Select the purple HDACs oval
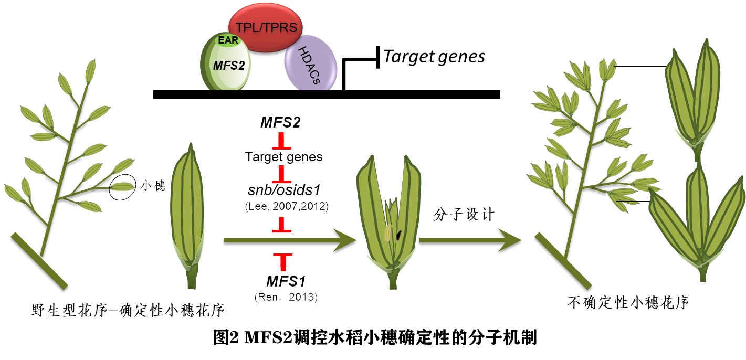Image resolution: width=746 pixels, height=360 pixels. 310,63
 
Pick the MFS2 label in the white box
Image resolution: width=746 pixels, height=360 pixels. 280,123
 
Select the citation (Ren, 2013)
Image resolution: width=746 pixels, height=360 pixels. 286,298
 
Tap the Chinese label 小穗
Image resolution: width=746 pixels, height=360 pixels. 153,186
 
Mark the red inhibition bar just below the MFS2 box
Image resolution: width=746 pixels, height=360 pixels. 281,143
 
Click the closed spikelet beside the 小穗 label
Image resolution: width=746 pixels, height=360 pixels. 187,210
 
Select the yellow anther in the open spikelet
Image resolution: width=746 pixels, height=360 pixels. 387,232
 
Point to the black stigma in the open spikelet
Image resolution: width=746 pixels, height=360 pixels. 399,235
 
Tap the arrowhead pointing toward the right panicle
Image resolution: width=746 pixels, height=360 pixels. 509,240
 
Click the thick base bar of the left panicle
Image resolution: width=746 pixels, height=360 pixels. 39,261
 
